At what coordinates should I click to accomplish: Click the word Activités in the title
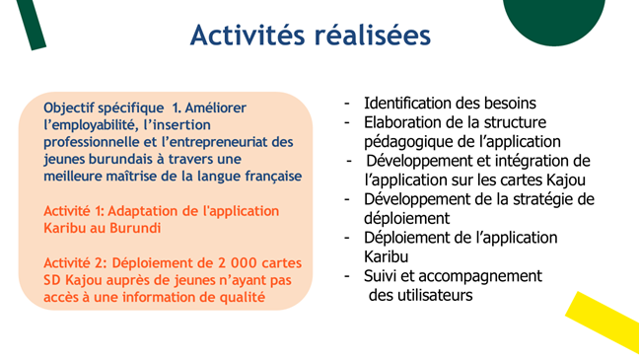[247, 35]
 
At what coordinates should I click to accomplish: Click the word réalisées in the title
[373, 35]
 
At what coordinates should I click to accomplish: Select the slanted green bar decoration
[32, 25]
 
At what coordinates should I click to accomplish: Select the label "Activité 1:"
[74, 211]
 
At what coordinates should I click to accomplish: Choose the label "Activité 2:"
[75, 263]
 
